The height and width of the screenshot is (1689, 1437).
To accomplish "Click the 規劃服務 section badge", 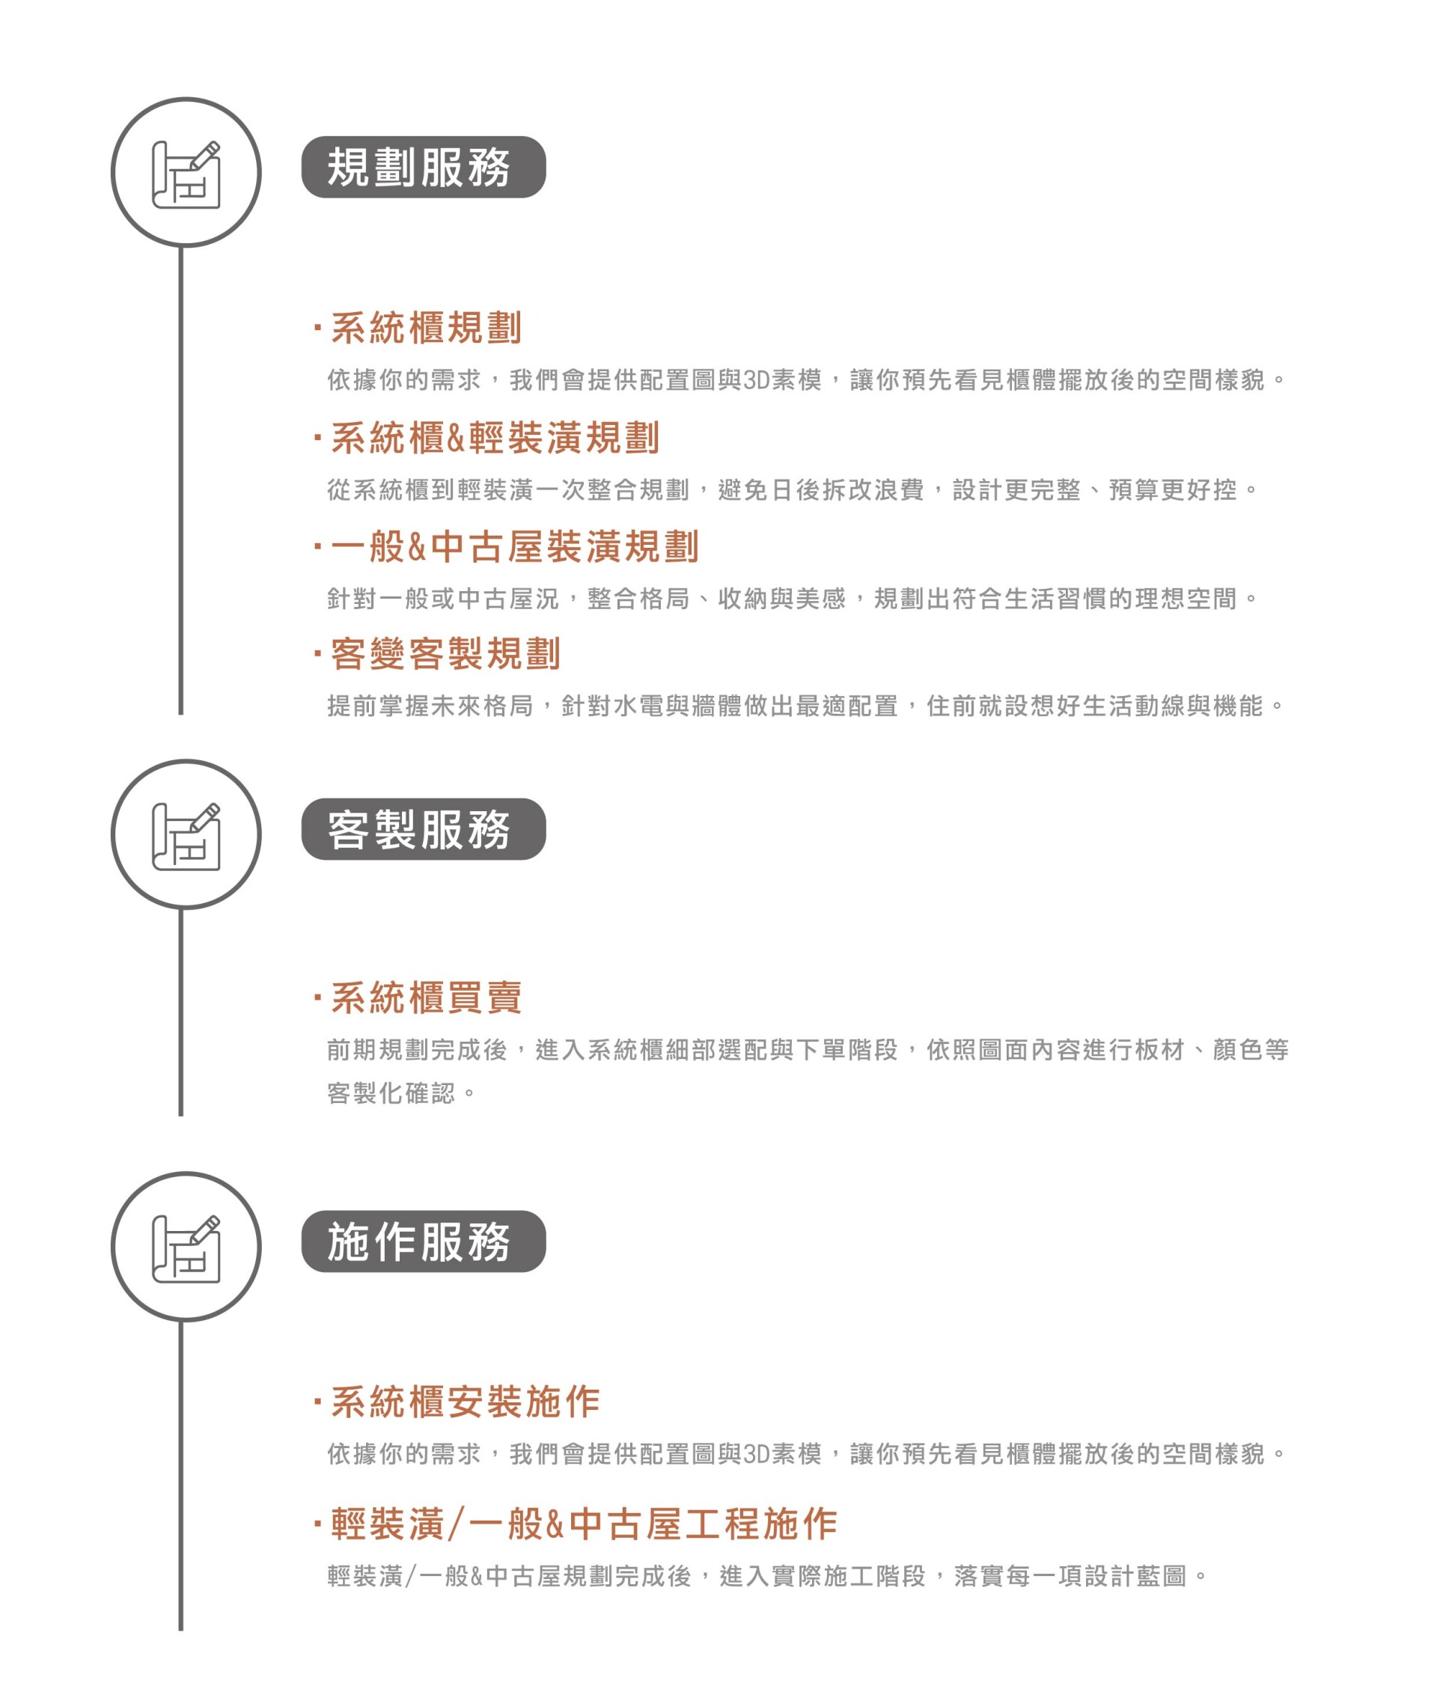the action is coord(424,167).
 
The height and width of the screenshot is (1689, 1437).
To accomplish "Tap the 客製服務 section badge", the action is coord(424,829).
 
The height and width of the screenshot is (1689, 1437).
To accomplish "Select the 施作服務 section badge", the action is coord(424,1241).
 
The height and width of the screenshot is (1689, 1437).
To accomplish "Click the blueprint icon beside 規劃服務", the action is coord(186,174).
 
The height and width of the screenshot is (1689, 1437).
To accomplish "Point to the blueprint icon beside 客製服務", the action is coord(186,837).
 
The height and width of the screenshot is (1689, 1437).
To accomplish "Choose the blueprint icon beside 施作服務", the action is coord(186,1248).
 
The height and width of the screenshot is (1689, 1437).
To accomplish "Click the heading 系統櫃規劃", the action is coord(426,327).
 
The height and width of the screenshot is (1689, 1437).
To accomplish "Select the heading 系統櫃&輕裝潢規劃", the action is coord(495,437).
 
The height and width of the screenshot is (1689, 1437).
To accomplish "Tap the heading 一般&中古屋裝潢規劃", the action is coord(515,546).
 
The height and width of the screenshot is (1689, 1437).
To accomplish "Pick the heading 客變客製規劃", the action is coord(445,654).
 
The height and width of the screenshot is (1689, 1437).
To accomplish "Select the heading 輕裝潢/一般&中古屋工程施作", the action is coord(584,1524).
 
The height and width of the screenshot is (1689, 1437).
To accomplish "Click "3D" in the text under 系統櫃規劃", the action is coord(756,380).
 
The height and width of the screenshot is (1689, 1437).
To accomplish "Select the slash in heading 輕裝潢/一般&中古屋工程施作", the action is coord(457,1524).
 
